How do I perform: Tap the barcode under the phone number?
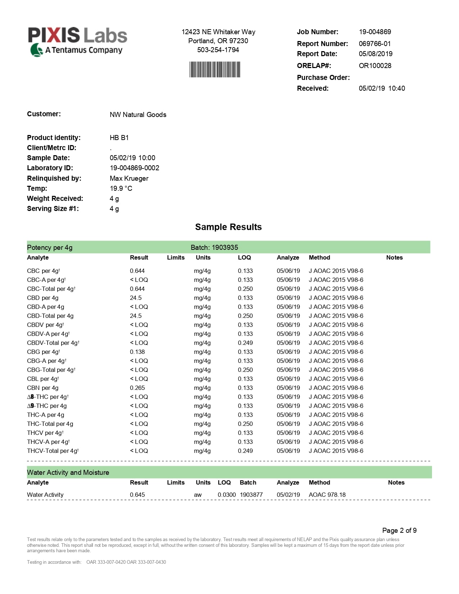coord(215,69)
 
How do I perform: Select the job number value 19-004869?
coord(375,32)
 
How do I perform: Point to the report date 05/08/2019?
coord(375,54)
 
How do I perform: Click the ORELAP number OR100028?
coord(375,66)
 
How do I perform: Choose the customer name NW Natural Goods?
coord(138,114)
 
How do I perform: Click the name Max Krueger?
coord(129,178)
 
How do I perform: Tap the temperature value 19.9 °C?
coord(121,188)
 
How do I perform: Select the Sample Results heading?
coord(228,227)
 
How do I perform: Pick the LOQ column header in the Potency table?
coord(244,257)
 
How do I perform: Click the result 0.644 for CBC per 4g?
coord(137,271)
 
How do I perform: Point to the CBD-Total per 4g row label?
coord(50,316)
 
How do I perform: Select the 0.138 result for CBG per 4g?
coord(137,352)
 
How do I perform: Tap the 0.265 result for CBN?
coord(137,388)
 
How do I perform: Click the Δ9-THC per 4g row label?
coord(47,406)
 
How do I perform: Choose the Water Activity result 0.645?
coord(137,495)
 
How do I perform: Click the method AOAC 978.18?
coord(327,495)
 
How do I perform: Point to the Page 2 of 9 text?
coord(399,530)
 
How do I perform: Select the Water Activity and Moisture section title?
coord(68,472)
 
